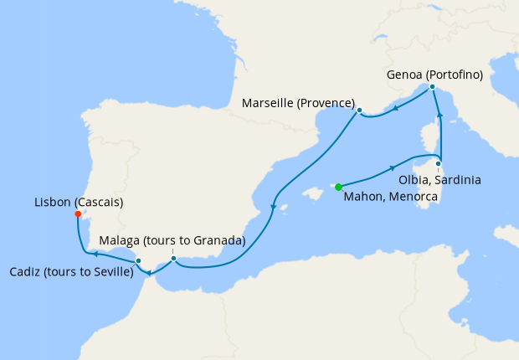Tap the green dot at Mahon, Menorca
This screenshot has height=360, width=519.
pos(338,187)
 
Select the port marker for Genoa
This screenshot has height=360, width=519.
pos(432,87)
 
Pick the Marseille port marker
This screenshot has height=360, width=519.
pos(359,111)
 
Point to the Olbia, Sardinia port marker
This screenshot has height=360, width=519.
pos(438,163)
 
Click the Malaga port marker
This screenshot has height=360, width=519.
pos(173,258)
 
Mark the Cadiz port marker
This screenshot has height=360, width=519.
pos(138,261)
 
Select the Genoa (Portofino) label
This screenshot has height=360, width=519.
pos(434,75)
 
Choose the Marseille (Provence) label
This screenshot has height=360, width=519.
pos(298,103)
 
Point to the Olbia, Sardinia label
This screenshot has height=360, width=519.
pos(441,180)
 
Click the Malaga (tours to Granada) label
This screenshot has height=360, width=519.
pos(172,241)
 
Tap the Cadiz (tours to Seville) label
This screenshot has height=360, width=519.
pos(70,272)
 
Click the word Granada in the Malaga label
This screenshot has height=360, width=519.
pos(213,241)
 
